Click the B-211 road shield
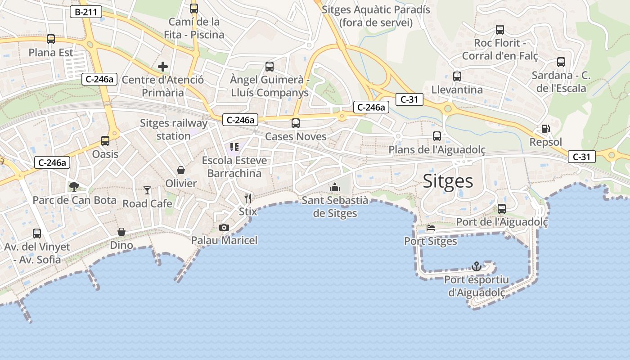point(85,12)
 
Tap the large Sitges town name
point(448,181)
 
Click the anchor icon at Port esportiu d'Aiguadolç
point(477,266)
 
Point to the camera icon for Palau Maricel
point(224,228)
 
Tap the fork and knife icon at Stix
point(247,198)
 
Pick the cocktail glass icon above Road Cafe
point(147,190)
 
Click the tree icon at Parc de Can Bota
point(74,187)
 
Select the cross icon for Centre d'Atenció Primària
point(163,67)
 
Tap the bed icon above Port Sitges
point(431,228)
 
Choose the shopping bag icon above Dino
point(121,232)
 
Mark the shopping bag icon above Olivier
point(181,170)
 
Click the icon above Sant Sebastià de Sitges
point(334,187)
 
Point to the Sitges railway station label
point(174,130)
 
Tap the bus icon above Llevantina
point(457,76)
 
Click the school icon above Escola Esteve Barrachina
point(234,147)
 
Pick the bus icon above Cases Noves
point(296,123)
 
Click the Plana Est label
point(51,53)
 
